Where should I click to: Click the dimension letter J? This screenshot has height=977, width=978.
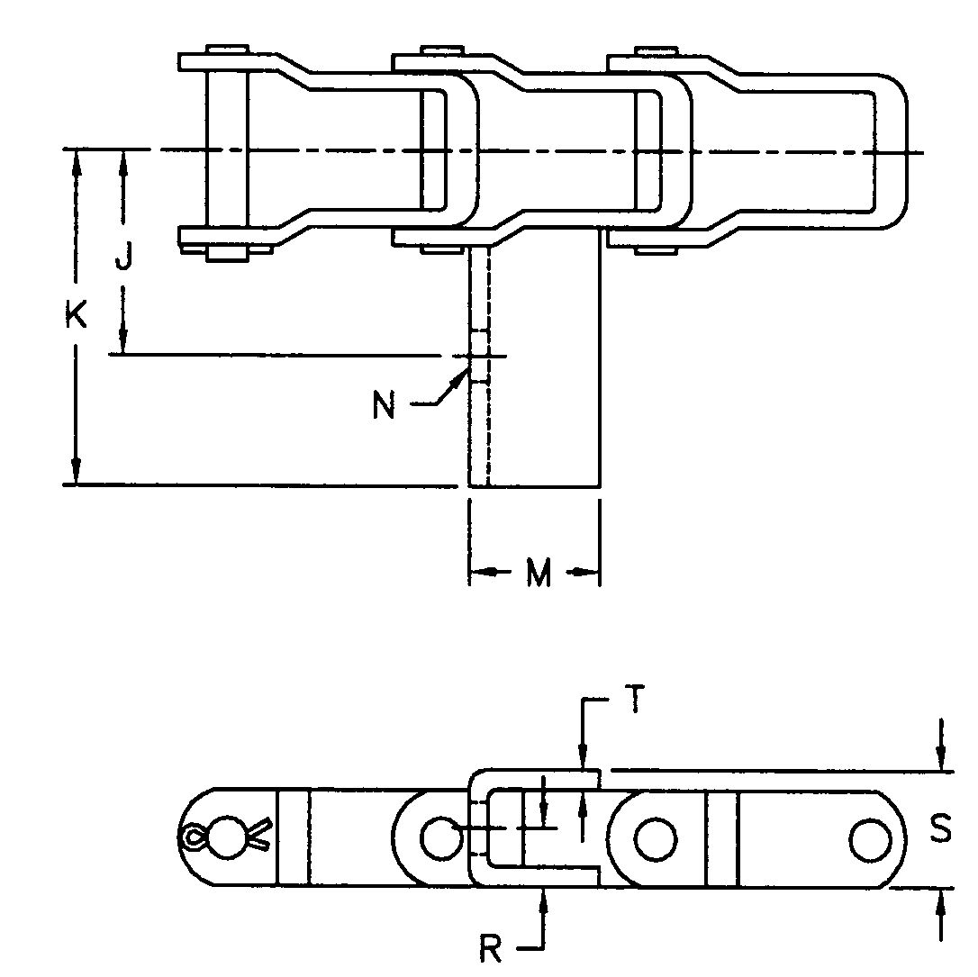[124, 259]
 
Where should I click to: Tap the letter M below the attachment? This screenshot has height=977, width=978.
[538, 574]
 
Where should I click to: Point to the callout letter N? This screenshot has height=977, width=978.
[384, 407]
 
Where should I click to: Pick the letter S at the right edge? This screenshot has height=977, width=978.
[941, 830]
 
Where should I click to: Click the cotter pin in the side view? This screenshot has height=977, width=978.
[225, 836]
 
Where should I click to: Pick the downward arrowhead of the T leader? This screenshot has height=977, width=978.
[584, 758]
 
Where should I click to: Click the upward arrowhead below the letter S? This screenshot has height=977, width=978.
[941, 900]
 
